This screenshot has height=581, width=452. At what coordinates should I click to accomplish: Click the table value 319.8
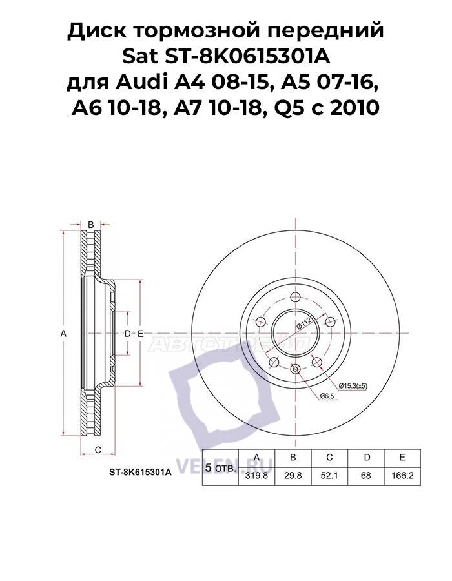[x=257, y=477]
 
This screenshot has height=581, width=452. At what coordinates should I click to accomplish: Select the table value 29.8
[x=293, y=477]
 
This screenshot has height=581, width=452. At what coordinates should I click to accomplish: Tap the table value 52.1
[x=329, y=477]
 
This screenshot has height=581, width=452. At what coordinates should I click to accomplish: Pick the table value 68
[x=366, y=477]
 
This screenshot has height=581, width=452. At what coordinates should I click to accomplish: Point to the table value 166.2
[x=402, y=477]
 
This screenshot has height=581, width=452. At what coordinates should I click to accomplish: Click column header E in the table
[x=402, y=458]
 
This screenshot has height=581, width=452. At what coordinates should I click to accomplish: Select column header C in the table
[x=329, y=458]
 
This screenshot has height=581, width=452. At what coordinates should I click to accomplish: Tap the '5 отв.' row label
[x=220, y=467]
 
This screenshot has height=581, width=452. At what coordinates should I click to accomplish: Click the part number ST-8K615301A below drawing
[x=140, y=473]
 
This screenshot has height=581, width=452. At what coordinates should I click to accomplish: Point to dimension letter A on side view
[x=63, y=333]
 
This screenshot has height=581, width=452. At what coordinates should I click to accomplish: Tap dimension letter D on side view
[x=127, y=333]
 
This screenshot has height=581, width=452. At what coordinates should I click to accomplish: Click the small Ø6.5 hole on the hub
[x=295, y=369]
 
